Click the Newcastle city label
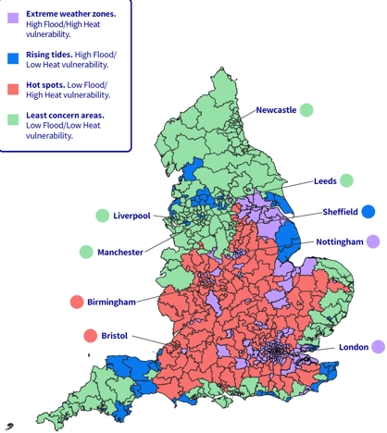(x=276, y=110)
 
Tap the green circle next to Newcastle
(x=306, y=110)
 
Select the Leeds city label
(x=325, y=180)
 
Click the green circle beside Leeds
(x=346, y=180)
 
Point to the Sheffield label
(x=340, y=211)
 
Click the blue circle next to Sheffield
(x=368, y=211)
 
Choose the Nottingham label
(x=340, y=241)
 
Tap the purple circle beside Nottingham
(x=373, y=241)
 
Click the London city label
(x=354, y=347)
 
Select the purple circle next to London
(x=378, y=347)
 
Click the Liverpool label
(x=131, y=216)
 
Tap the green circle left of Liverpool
(x=102, y=216)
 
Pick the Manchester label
(x=120, y=252)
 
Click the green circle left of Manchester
(x=86, y=252)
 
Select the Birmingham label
(x=112, y=302)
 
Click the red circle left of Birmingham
(x=77, y=302)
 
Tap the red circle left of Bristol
(x=91, y=336)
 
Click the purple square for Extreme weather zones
(x=13, y=18)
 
